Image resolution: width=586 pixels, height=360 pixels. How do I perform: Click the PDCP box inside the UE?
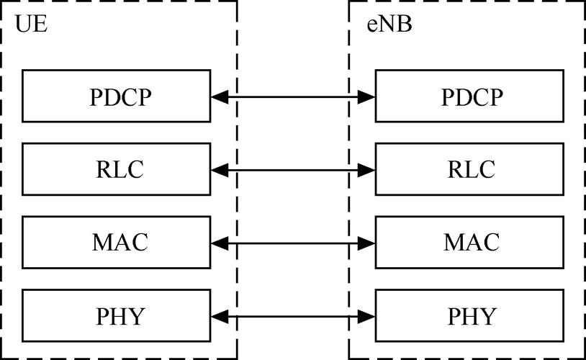click(117, 96)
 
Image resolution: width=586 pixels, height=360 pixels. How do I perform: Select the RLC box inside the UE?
click(117, 169)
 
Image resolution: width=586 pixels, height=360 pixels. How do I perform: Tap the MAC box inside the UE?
click(117, 243)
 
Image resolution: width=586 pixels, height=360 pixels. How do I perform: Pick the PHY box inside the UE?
click(117, 316)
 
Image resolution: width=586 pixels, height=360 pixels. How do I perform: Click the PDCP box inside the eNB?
click(469, 96)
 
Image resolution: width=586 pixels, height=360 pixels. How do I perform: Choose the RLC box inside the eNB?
click(469, 169)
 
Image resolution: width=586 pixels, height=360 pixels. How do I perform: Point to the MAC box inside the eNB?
click(469, 243)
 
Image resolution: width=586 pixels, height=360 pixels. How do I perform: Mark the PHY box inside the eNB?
click(469, 316)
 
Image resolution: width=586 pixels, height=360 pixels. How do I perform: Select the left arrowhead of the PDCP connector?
click(220, 96)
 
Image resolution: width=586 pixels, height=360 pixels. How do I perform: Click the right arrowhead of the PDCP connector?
click(367, 96)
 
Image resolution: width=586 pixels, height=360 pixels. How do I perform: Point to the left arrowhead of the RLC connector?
click(220, 169)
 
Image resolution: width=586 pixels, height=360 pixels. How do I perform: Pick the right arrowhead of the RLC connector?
click(367, 169)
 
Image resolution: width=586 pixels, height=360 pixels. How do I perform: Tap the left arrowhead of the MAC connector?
click(220, 244)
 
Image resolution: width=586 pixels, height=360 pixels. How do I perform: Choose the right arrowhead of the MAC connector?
click(367, 244)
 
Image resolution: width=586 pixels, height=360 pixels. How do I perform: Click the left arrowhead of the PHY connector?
click(220, 315)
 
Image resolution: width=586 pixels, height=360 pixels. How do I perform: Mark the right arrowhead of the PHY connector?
click(367, 315)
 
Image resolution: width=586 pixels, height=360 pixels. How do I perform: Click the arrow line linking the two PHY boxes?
click(293, 315)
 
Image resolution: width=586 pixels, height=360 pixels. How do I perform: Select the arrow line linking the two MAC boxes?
click(293, 244)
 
